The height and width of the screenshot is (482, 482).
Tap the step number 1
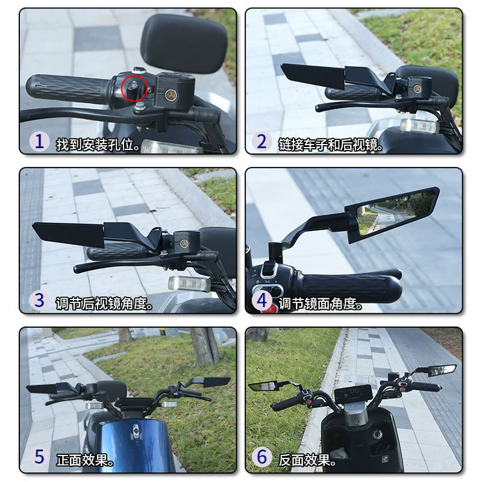pyautogui.click(x=39, y=142)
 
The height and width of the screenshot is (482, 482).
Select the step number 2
pyautogui.click(x=261, y=142)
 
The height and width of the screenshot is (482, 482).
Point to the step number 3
pyautogui.click(x=39, y=300)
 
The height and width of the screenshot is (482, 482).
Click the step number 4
pyautogui.click(x=261, y=300)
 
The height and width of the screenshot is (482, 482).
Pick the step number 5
pyautogui.click(x=39, y=457)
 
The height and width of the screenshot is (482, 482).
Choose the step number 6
pyautogui.click(x=261, y=457)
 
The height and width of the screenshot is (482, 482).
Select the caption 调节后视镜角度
pyautogui.click(x=104, y=304)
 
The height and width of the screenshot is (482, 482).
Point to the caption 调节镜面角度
pyautogui.click(x=320, y=304)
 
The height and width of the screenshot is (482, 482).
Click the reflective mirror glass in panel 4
pyautogui.click(x=395, y=212)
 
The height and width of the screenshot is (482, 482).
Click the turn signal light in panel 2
pyautogui.click(x=419, y=125)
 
